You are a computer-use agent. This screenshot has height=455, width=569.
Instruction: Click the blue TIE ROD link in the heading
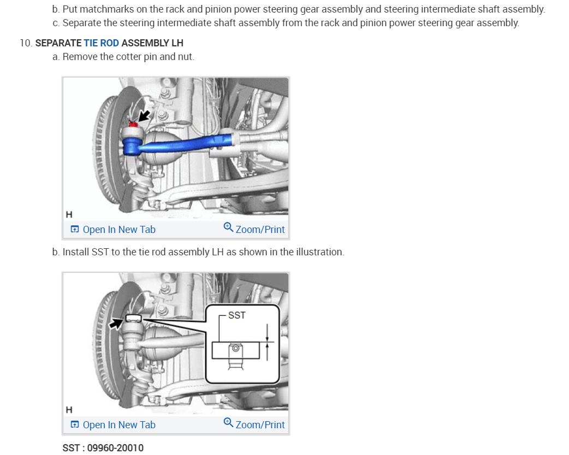coord(101,43)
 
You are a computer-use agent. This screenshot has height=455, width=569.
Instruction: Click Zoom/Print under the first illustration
coord(259,230)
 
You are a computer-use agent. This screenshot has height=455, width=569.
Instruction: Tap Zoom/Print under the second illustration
coord(259,425)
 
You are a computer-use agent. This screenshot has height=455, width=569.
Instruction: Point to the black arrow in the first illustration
coord(144,115)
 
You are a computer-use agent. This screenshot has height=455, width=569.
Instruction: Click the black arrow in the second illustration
coord(116,324)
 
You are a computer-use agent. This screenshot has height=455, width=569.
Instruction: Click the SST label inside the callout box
coord(236,315)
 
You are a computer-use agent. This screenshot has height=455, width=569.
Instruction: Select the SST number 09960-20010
coord(115,448)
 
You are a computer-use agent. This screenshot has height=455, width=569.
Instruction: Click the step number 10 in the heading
coord(26,43)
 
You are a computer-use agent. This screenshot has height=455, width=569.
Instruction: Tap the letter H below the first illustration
coord(68,214)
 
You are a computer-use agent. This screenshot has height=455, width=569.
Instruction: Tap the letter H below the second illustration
coord(68,409)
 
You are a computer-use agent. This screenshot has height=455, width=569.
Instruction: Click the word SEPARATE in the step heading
coord(58,43)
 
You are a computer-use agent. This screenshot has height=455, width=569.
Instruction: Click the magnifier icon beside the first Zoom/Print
coord(228,228)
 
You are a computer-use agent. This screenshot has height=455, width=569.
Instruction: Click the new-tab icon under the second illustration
coord(75,425)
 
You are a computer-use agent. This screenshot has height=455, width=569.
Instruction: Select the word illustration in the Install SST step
coord(319,252)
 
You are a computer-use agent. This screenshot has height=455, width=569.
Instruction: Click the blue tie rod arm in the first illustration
coord(186,143)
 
